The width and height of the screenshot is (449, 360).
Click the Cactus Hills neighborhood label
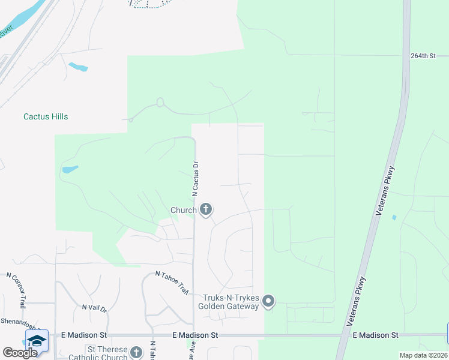pos(46,116)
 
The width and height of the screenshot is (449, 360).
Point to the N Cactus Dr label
pos(195,179)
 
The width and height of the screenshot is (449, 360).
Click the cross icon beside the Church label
pos(206,209)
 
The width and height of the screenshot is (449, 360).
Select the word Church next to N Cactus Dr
pos(184,210)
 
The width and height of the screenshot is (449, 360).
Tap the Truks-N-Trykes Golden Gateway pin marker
pos(268,301)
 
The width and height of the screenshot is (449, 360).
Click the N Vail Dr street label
pos(94,308)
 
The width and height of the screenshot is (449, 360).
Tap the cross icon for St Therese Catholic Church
pos(136,352)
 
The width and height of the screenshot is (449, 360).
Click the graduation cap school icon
pos(37,340)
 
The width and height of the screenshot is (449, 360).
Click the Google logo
pos(20,353)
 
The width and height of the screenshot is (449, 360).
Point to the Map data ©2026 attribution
pos(423,355)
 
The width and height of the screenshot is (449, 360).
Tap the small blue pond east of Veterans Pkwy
pos(393,217)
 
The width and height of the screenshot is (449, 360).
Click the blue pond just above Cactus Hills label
pos(77,66)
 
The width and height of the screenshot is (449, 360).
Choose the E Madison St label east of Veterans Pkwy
pos(376,335)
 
